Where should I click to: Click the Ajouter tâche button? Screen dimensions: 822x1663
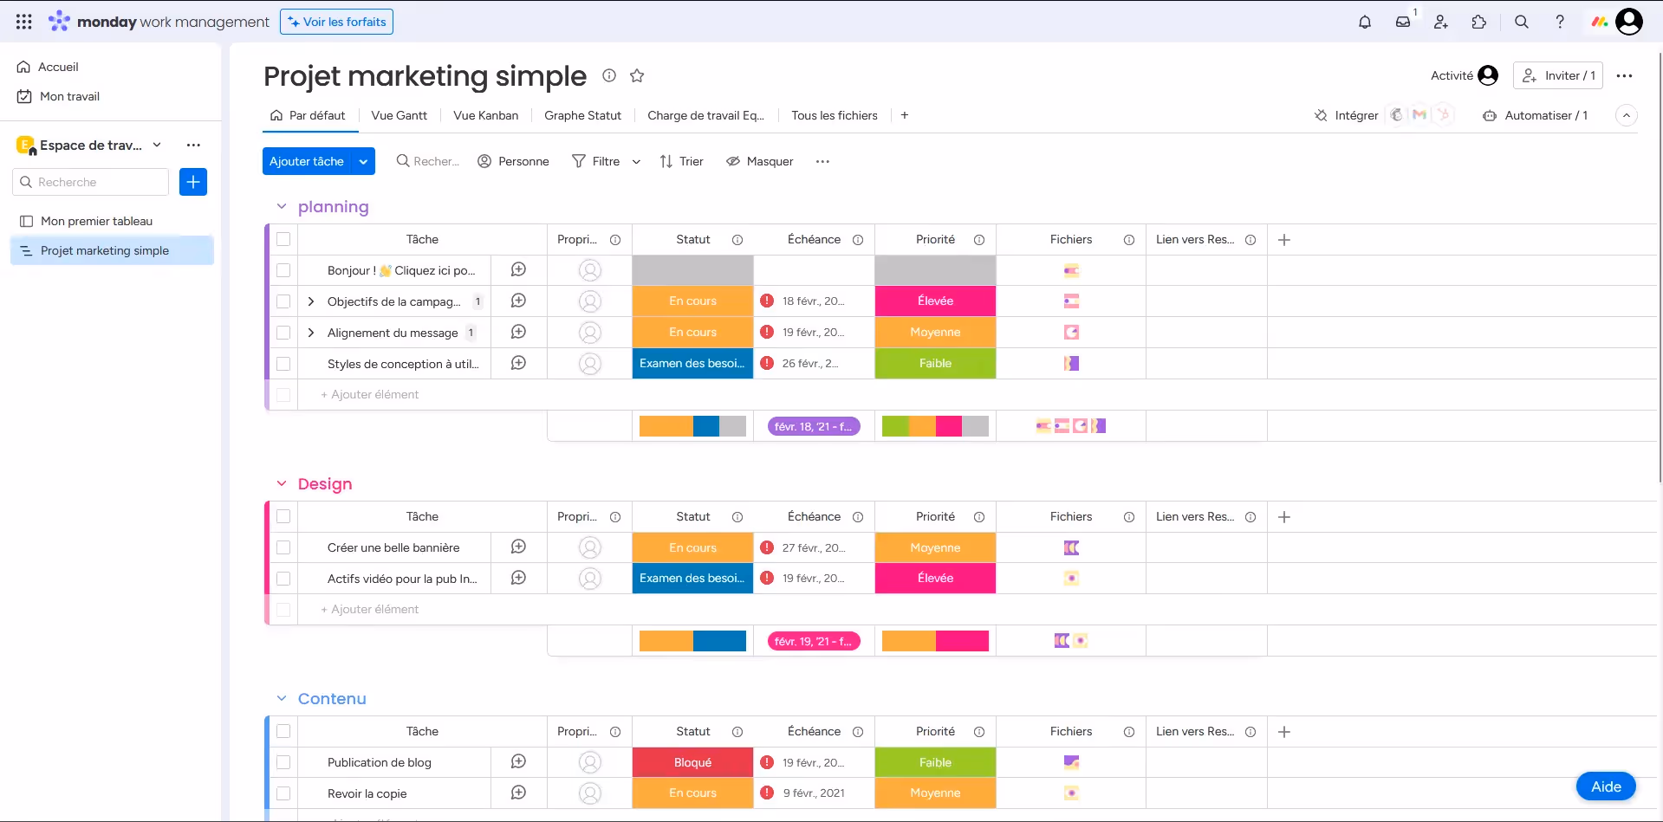307,161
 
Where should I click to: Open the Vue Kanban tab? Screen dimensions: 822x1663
485,115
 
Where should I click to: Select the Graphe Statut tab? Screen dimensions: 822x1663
582,115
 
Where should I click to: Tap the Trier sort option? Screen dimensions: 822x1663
681,161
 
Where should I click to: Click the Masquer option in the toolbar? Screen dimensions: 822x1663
759,161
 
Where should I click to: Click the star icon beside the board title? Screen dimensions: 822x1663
637,75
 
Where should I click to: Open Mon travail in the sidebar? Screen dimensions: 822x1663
69,96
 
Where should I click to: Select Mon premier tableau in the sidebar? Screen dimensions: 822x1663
96,221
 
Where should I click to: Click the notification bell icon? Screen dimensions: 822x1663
1365,22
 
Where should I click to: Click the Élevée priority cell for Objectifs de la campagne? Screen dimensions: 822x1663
935,301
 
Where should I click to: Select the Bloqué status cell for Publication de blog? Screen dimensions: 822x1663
692,762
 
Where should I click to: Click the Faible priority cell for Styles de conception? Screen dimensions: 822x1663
935,363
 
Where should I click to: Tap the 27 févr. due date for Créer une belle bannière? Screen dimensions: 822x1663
813,547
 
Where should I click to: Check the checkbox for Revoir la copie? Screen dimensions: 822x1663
283,793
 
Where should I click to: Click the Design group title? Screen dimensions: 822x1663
325,483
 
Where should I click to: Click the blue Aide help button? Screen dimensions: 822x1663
1605,786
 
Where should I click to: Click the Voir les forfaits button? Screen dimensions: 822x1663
336,22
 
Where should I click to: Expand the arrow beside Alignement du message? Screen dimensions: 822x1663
311,333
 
